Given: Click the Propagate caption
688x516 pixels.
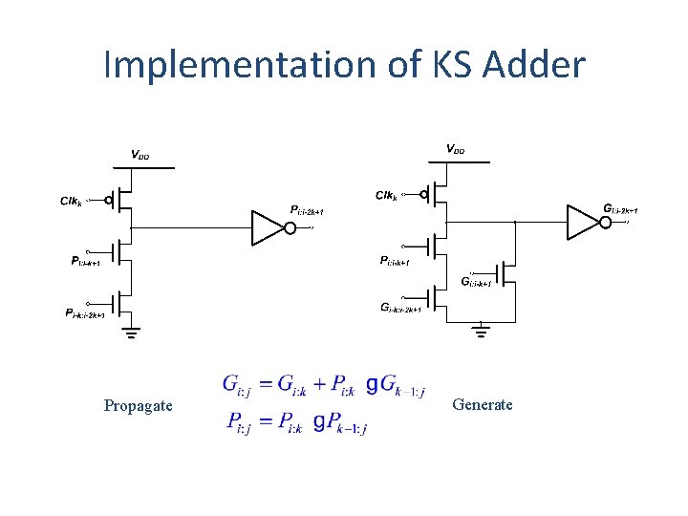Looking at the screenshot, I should [x=139, y=406].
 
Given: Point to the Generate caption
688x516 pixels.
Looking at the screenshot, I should [x=483, y=404].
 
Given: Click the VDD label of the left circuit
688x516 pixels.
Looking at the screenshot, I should [x=140, y=155].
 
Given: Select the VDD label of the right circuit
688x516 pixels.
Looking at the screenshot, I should [x=455, y=149].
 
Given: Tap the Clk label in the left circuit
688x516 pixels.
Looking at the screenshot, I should [x=73, y=201].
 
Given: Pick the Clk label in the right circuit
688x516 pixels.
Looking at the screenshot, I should [x=386, y=195].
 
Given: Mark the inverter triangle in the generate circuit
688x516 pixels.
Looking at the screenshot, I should [x=582, y=221].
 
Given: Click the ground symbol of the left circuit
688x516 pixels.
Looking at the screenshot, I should [x=131, y=333].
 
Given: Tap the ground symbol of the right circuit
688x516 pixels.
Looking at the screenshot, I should [x=483, y=330].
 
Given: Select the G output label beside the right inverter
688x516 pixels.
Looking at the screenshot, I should [x=620, y=208].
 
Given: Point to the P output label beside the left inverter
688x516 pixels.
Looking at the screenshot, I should [x=307, y=210].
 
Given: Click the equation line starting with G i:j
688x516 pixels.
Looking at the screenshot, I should [x=325, y=385].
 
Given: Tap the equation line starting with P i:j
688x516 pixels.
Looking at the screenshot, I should [x=297, y=420].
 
